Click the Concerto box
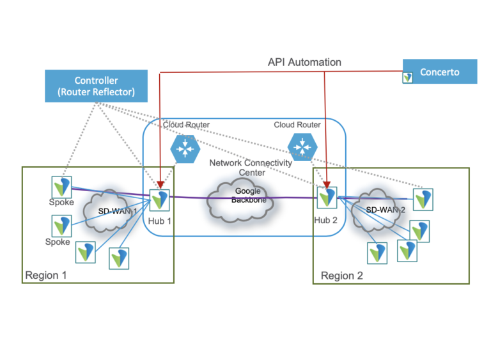[440, 72]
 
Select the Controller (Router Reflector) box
[96, 86]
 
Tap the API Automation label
[304, 62]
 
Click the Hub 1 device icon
[159, 200]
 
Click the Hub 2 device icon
[327, 196]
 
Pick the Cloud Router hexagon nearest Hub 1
[185, 149]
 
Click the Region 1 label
[45, 276]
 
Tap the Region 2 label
[342, 276]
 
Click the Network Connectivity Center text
[251, 168]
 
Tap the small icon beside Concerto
[408, 77]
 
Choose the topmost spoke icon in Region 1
[61, 187]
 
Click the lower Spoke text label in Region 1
[58, 242]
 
